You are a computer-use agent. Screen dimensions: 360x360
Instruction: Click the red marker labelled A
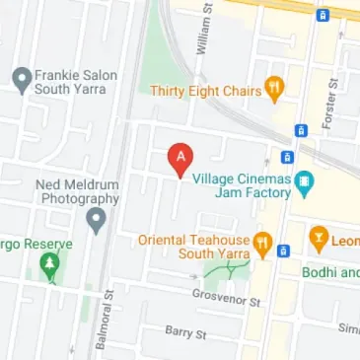click(x=179, y=159)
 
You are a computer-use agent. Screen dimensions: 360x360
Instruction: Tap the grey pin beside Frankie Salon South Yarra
click(x=20, y=80)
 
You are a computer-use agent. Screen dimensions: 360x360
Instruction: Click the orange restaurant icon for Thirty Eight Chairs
click(x=275, y=89)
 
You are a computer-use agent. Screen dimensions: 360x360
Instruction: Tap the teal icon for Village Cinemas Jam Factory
click(x=304, y=181)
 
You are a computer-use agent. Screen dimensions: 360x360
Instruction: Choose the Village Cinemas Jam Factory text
click(x=242, y=187)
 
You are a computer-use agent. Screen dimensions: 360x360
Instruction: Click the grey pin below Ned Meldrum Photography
click(x=96, y=220)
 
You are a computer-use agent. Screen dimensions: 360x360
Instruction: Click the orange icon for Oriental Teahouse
click(x=262, y=243)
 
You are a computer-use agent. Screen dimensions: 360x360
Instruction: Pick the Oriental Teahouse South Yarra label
click(x=193, y=247)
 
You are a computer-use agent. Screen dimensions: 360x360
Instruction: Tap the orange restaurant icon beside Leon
click(x=319, y=238)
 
